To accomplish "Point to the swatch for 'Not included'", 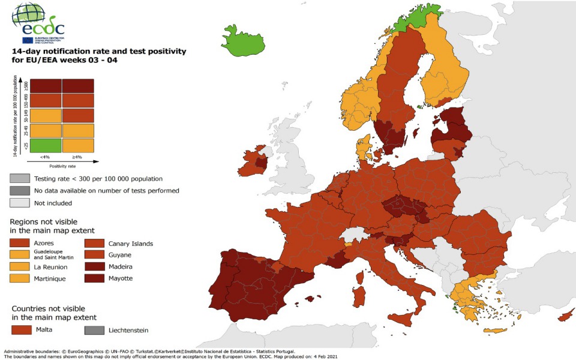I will coord(20,203).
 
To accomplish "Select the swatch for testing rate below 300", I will coord(20,179).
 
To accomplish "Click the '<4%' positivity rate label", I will coord(46,157).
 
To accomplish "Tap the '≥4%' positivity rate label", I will coord(77,157).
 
